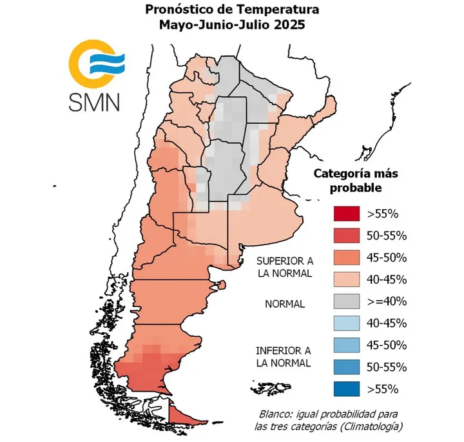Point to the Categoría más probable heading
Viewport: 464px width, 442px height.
point(356,181)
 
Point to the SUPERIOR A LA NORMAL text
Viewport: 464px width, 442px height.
point(284,267)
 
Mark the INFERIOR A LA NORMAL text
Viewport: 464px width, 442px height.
point(284,356)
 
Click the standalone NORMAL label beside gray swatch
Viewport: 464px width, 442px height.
point(284,304)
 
